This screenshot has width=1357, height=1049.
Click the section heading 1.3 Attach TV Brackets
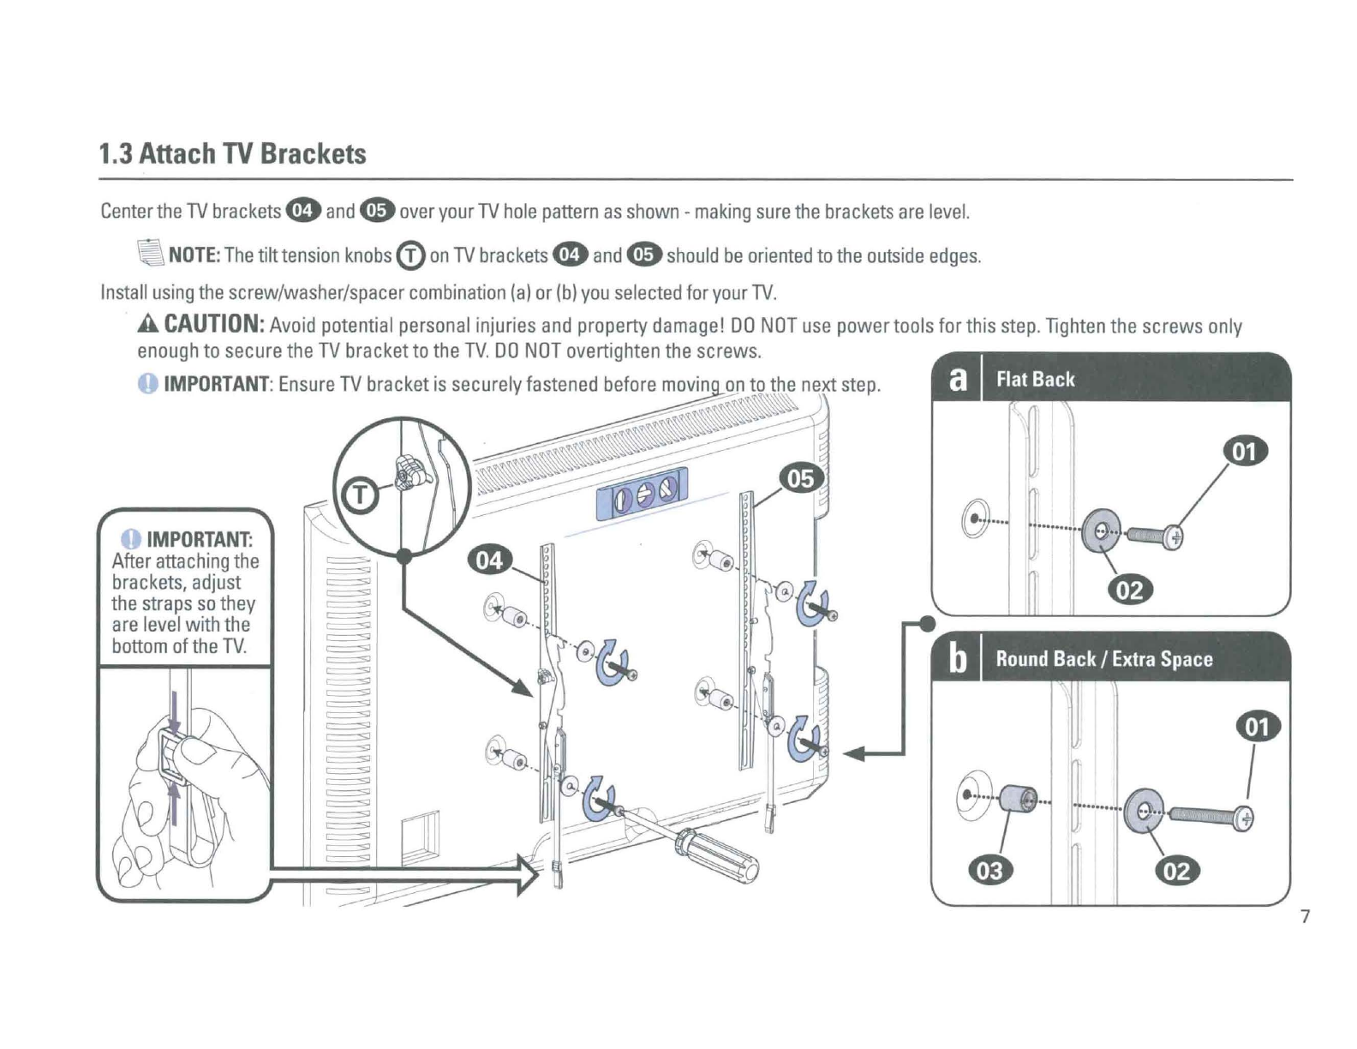click(x=232, y=153)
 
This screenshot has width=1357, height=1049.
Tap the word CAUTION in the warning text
click(x=215, y=324)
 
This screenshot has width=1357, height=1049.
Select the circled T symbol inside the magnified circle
click(x=359, y=495)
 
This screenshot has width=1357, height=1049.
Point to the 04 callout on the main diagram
click(x=489, y=560)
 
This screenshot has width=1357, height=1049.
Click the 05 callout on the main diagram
click(x=801, y=478)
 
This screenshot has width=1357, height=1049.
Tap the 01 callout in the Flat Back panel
click(x=1245, y=452)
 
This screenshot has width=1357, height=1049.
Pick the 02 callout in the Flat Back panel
click(x=1130, y=590)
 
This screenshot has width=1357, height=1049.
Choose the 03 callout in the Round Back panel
click(x=989, y=871)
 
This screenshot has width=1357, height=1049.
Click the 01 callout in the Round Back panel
click(x=1258, y=728)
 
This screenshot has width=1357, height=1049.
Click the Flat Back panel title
click(x=1036, y=380)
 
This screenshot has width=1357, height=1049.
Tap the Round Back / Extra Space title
click(x=1104, y=659)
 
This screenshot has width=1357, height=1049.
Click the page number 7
click(x=1305, y=916)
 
